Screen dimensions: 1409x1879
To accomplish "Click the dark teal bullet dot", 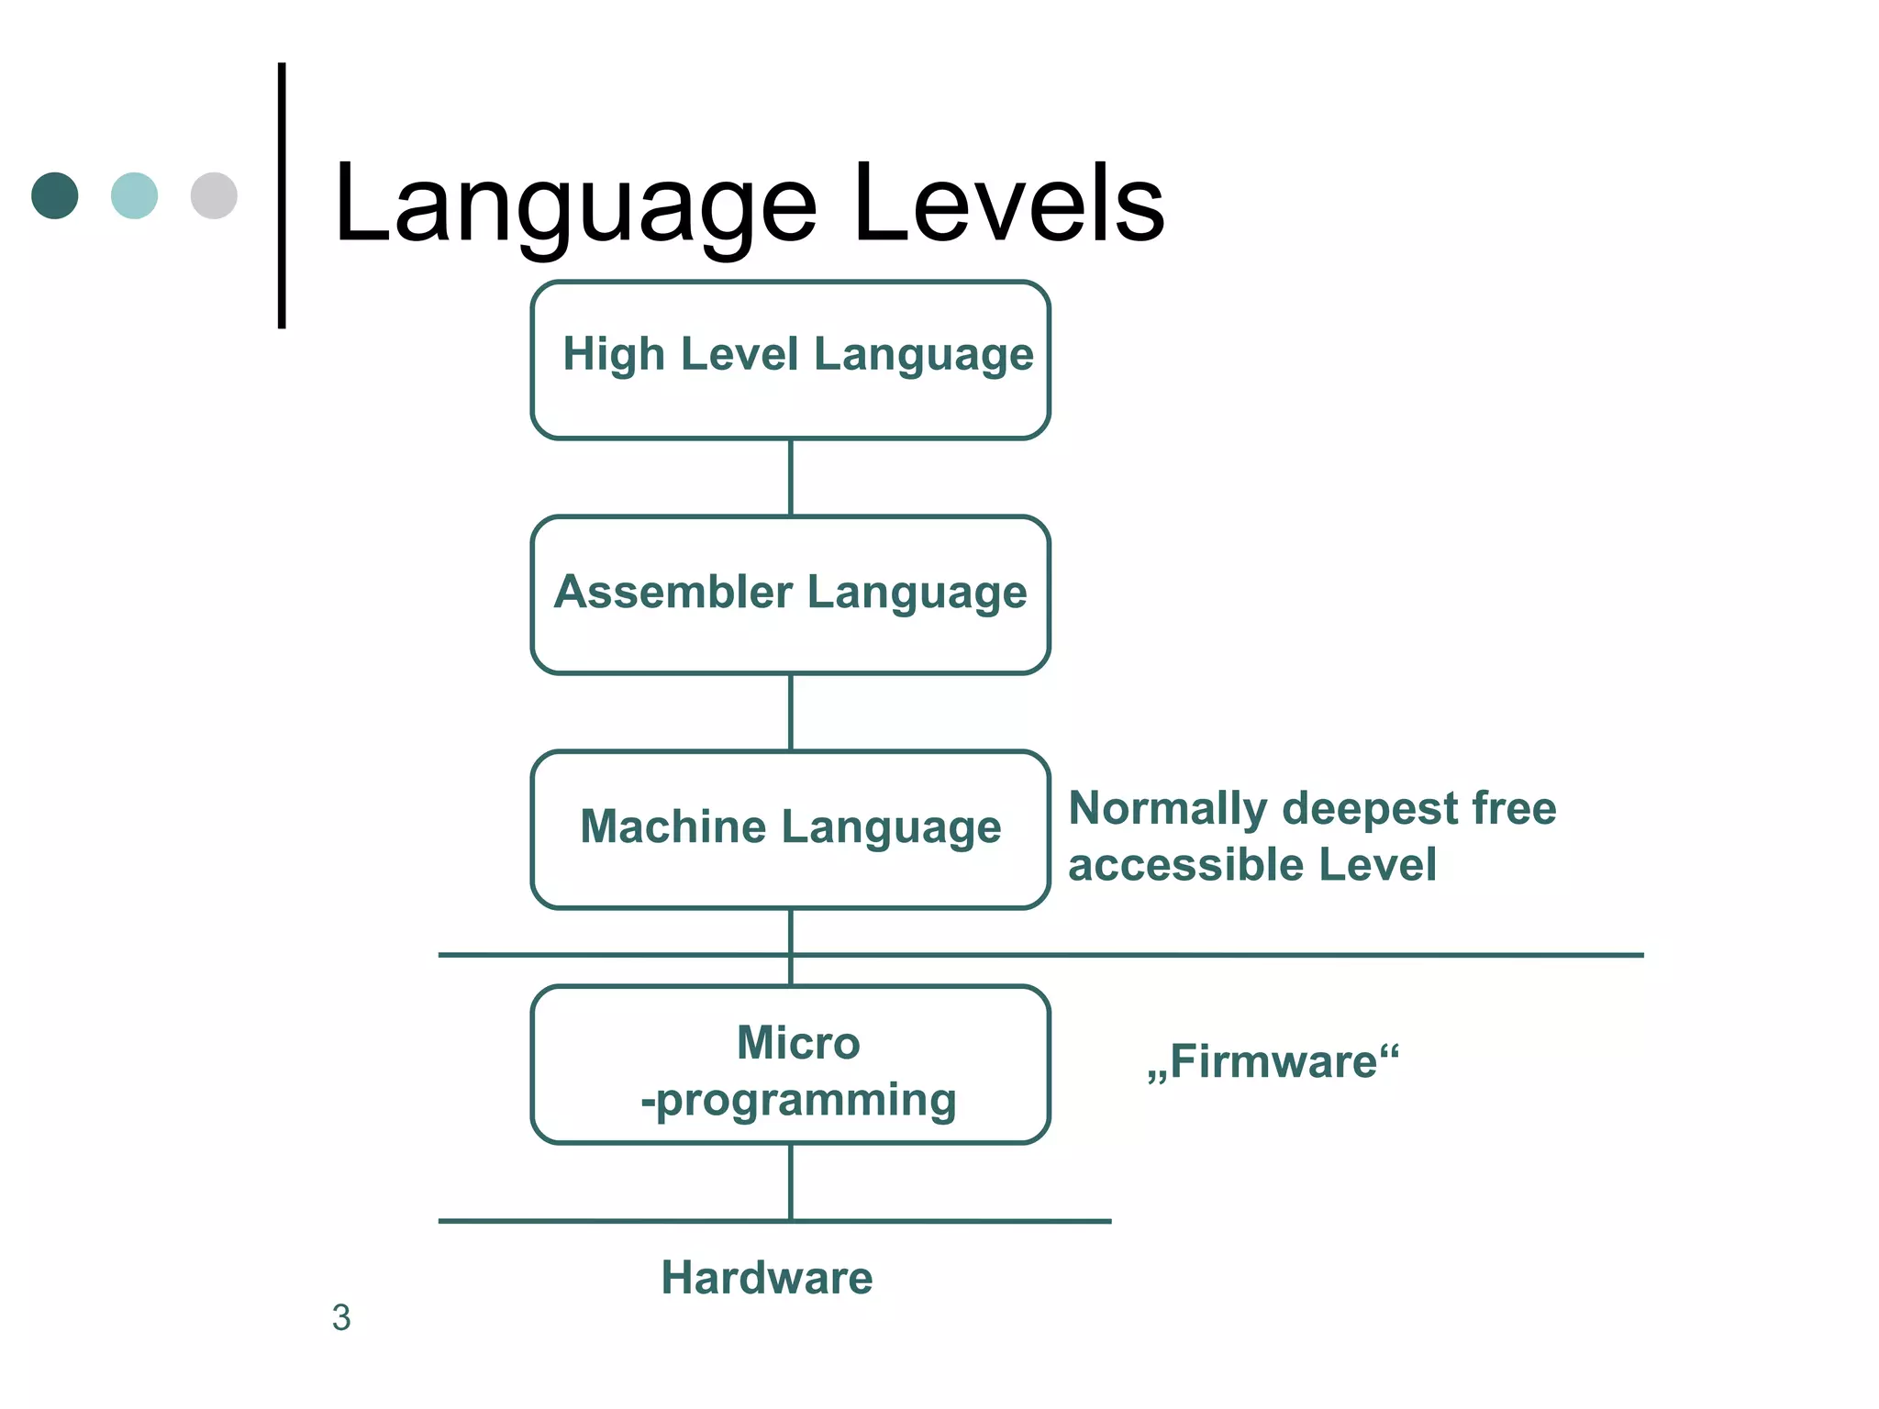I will pyautogui.click(x=55, y=195).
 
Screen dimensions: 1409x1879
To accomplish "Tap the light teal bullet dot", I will pyautogui.click(x=134, y=195).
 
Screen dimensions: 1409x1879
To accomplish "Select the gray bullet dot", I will pyautogui.click(x=214, y=195).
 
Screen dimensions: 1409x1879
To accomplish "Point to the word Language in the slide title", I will pyautogui.click(x=574, y=206).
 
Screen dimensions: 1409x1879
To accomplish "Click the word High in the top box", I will pyautogui.click(x=613, y=354).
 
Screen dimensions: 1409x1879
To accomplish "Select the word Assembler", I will pyautogui.click(x=673, y=592).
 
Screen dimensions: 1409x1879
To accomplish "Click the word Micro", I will pyautogui.click(x=798, y=1043).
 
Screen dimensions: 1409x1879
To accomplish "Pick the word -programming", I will pyautogui.click(x=798, y=1100).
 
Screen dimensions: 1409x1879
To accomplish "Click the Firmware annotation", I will pyautogui.click(x=1273, y=1062).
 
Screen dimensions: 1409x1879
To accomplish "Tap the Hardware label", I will pyautogui.click(x=767, y=1278).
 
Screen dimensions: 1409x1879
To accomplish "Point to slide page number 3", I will pyautogui.click(x=341, y=1318).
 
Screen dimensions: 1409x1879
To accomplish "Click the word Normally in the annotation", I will pyautogui.click(x=1167, y=809).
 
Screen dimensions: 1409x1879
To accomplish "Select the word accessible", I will pyautogui.click(x=1185, y=865).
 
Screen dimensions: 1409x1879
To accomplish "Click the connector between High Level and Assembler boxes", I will pyautogui.click(x=791, y=477).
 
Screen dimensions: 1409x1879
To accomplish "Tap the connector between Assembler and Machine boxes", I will pyautogui.click(x=791, y=712).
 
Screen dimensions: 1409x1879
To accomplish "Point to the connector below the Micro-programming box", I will pyautogui.click(x=791, y=1182).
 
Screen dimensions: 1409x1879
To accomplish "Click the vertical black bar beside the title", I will pyautogui.click(x=282, y=195).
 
